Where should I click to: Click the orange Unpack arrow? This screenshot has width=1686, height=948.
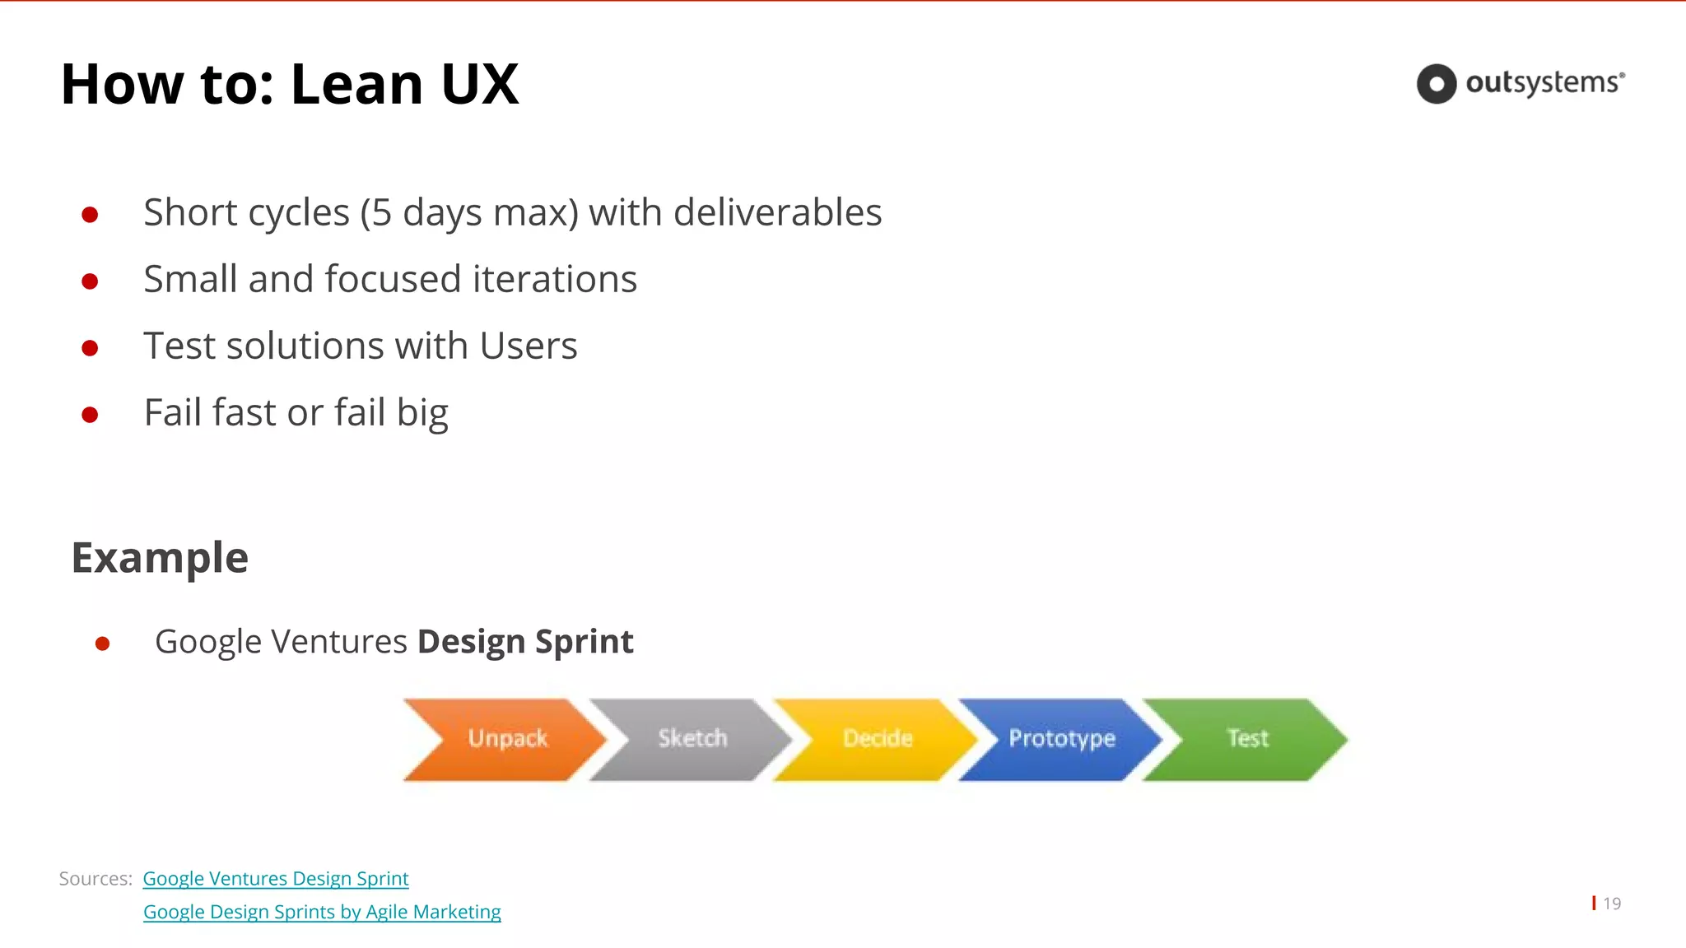(x=506, y=739)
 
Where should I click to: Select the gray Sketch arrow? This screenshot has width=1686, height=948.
(x=692, y=739)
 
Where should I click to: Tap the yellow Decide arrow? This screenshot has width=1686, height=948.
(x=877, y=739)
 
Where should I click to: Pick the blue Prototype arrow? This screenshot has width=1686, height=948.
(x=1061, y=739)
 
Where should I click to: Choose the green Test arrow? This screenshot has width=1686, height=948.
(x=1247, y=739)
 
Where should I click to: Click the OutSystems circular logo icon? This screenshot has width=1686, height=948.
(x=1437, y=84)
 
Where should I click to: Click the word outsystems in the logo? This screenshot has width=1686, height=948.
(x=1543, y=83)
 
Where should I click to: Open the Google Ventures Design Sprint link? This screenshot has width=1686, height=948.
(x=276, y=879)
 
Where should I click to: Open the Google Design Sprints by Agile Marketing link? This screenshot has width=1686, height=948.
(x=322, y=913)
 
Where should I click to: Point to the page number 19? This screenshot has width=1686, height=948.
(x=1611, y=904)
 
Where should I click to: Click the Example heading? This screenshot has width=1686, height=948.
(x=160, y=558)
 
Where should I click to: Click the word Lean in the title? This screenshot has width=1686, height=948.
(x=357, y=84)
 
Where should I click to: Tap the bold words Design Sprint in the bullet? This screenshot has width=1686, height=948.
(x=525, y=642)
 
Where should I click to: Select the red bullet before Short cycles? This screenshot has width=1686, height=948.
(x=91, y=215)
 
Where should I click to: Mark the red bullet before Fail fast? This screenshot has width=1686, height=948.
(x=91, y=415)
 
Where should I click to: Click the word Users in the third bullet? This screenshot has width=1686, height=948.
(x=528, y=346)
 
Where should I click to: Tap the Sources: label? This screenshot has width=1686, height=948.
(x=95, y=879)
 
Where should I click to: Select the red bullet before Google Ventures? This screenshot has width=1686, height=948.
(x=102, y=644)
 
